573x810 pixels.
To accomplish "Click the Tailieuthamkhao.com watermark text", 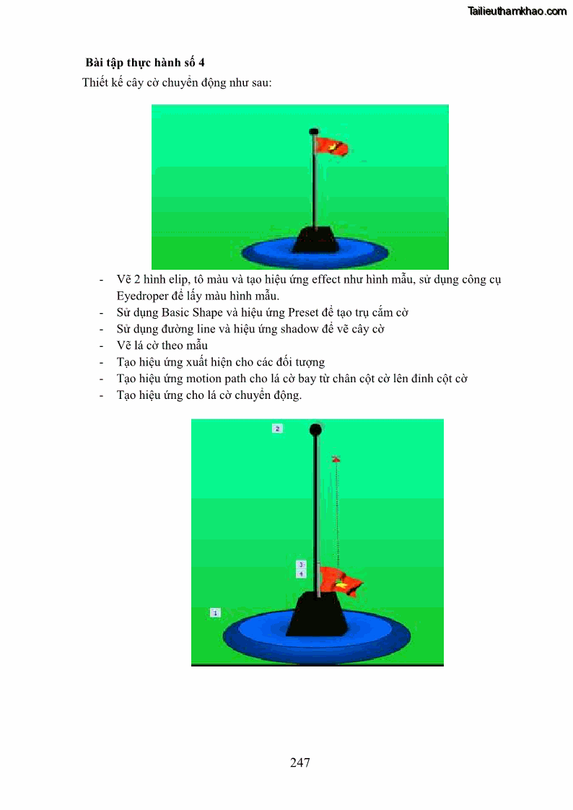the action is pos(517,11).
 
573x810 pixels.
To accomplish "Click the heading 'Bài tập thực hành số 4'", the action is pos(145,63).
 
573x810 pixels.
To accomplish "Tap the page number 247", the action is pos(300,762).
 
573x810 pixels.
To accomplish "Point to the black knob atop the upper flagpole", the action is pos(314,131).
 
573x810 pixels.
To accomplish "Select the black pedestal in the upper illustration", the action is pos(315,239).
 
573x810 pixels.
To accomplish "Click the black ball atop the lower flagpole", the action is pos(315,429).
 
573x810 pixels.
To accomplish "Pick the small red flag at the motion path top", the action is pos(336,459).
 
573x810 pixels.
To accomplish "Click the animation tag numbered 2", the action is pos(277,428).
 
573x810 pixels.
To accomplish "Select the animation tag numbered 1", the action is pos(216,612).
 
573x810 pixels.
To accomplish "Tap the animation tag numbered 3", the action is pos(301,565).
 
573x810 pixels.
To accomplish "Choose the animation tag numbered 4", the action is pos(301,574).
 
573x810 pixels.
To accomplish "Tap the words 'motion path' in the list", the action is pos(216,379).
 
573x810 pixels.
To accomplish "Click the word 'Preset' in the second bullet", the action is pos(303,312).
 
